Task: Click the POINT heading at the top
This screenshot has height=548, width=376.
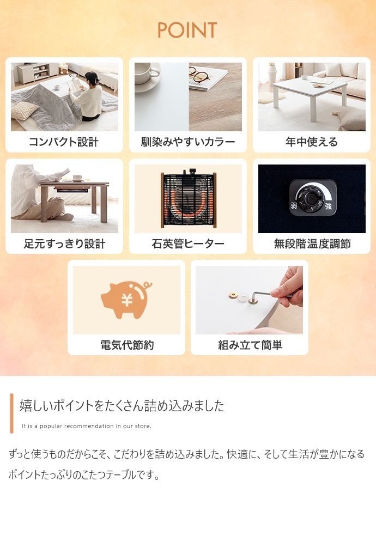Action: click(x=187, y=31)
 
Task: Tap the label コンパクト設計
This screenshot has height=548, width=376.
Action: click(x=64, y=142)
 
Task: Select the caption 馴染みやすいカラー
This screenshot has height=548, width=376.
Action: click(x=188, y=142)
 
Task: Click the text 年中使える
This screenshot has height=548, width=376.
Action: click(x=312, y=142)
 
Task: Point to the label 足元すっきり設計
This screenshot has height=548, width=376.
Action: click(x=64, y=243)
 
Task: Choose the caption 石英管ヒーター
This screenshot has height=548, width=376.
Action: click(x=188, y=243)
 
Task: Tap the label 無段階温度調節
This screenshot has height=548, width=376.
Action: click(x=312, y=243)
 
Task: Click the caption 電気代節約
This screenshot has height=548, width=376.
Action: click(x=126, y=345)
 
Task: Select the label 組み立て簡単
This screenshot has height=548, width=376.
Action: click(x=250, y=345)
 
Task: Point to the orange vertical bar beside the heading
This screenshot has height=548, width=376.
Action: click(x=11, y=413)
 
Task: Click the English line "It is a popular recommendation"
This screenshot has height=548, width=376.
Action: click(x=86, y=426)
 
